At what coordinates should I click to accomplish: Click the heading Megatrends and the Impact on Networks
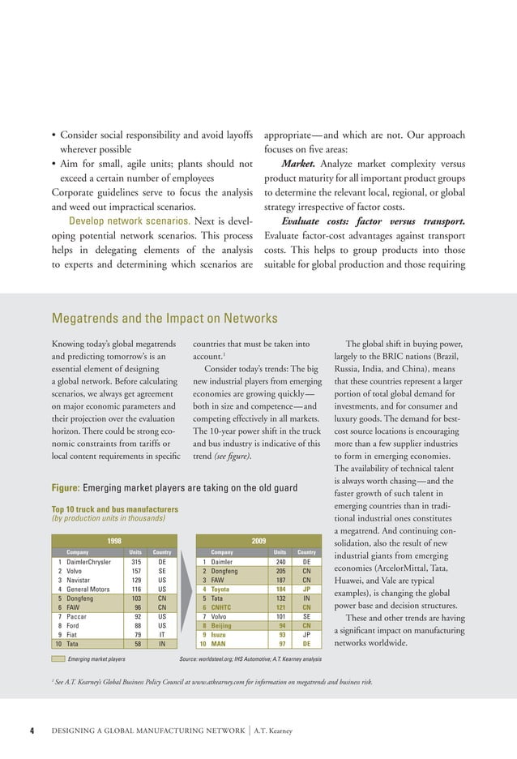[x=164, y=319]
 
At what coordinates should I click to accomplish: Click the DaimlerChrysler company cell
[x=91, y=561]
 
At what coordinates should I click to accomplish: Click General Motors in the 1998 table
[x=88, y=590]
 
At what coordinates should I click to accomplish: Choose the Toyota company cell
[x=222, y=590]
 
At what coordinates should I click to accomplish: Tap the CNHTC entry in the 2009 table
[x=223, y=609]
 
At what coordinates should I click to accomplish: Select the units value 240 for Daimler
[x=281, y=561]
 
